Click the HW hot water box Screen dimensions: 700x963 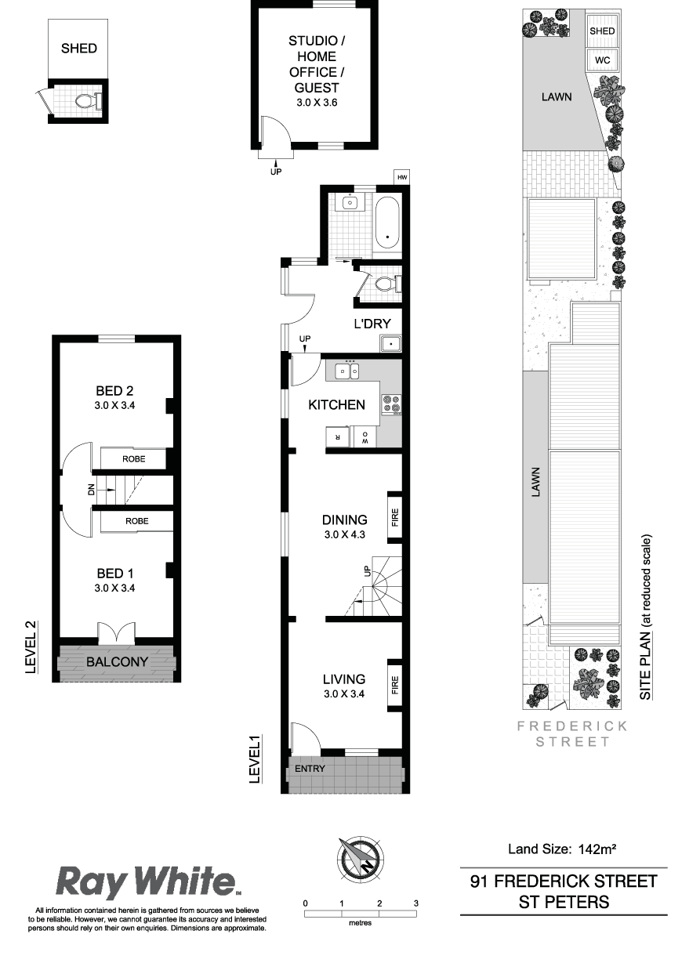tap(401, 177)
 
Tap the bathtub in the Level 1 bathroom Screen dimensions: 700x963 tap(387, 223)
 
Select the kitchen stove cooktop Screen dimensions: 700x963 tap(391, 404)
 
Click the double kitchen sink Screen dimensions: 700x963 tap(348, 371)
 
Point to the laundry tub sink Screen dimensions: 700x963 tap(390, 344)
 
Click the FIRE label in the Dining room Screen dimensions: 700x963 tap(395, 518)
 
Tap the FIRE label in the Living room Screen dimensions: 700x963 tap(395, 685)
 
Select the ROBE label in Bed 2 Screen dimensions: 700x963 tap(134, 459)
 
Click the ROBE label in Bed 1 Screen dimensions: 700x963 tap(136, 521)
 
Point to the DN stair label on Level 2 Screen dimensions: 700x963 tap(91, 490)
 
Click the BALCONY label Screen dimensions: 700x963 tap(117, 661)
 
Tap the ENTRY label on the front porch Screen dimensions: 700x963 tap(310, 768)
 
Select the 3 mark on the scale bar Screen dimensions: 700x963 tap(415, 903)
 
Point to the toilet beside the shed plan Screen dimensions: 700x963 tap(86, 101)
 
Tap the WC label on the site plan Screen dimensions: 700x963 tap(602, 60)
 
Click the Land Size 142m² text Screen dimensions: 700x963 tap(562, 849)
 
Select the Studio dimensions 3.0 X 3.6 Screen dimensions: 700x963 tap(317, 103)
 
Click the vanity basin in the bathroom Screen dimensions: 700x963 tap(350, 201)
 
